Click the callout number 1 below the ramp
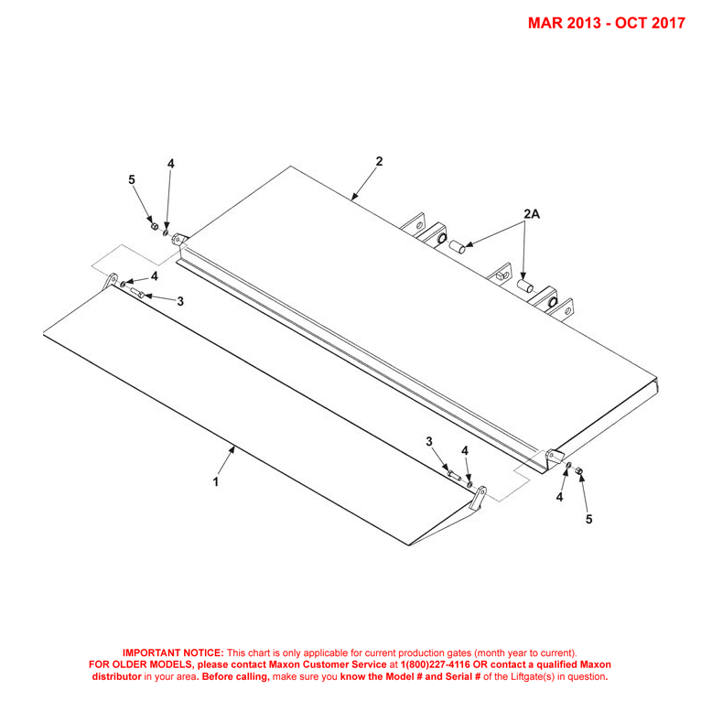(216, 482)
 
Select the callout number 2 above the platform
(379, 161)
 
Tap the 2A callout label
(532, 214)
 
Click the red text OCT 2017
(650, 23)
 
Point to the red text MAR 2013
(565, 23)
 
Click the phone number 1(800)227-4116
(436, 664)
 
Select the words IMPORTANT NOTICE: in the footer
(173, 652)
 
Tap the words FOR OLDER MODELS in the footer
(141, 664)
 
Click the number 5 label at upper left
(132, 179)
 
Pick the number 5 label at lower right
(588, 519)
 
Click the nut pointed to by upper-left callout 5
(155, 227)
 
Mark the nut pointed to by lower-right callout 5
(578, 470)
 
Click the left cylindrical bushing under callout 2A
(457, 246)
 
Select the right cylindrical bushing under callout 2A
(525, 286)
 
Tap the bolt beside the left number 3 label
(137, 292)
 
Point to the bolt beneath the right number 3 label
(454, 476)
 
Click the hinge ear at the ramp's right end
(478, 499)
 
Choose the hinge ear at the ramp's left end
(111, 281)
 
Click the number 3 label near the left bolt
(180, 301)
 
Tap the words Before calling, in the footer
(235, 677)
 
